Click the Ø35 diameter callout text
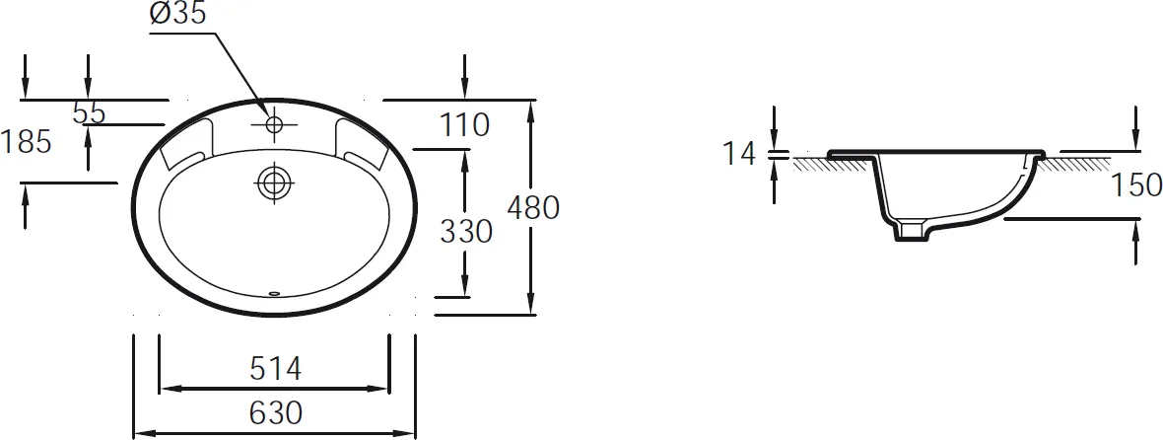(x=177, y=13)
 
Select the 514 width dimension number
(x=275, y=368)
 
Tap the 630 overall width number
(x=275, y=412)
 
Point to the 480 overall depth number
(x=532, y=208)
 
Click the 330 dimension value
(x=466, y=232)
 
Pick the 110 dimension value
(x=465, y=125)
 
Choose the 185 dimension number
(x=26, y=141)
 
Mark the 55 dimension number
(x=89, y=113)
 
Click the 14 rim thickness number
(x=739, y=154)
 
